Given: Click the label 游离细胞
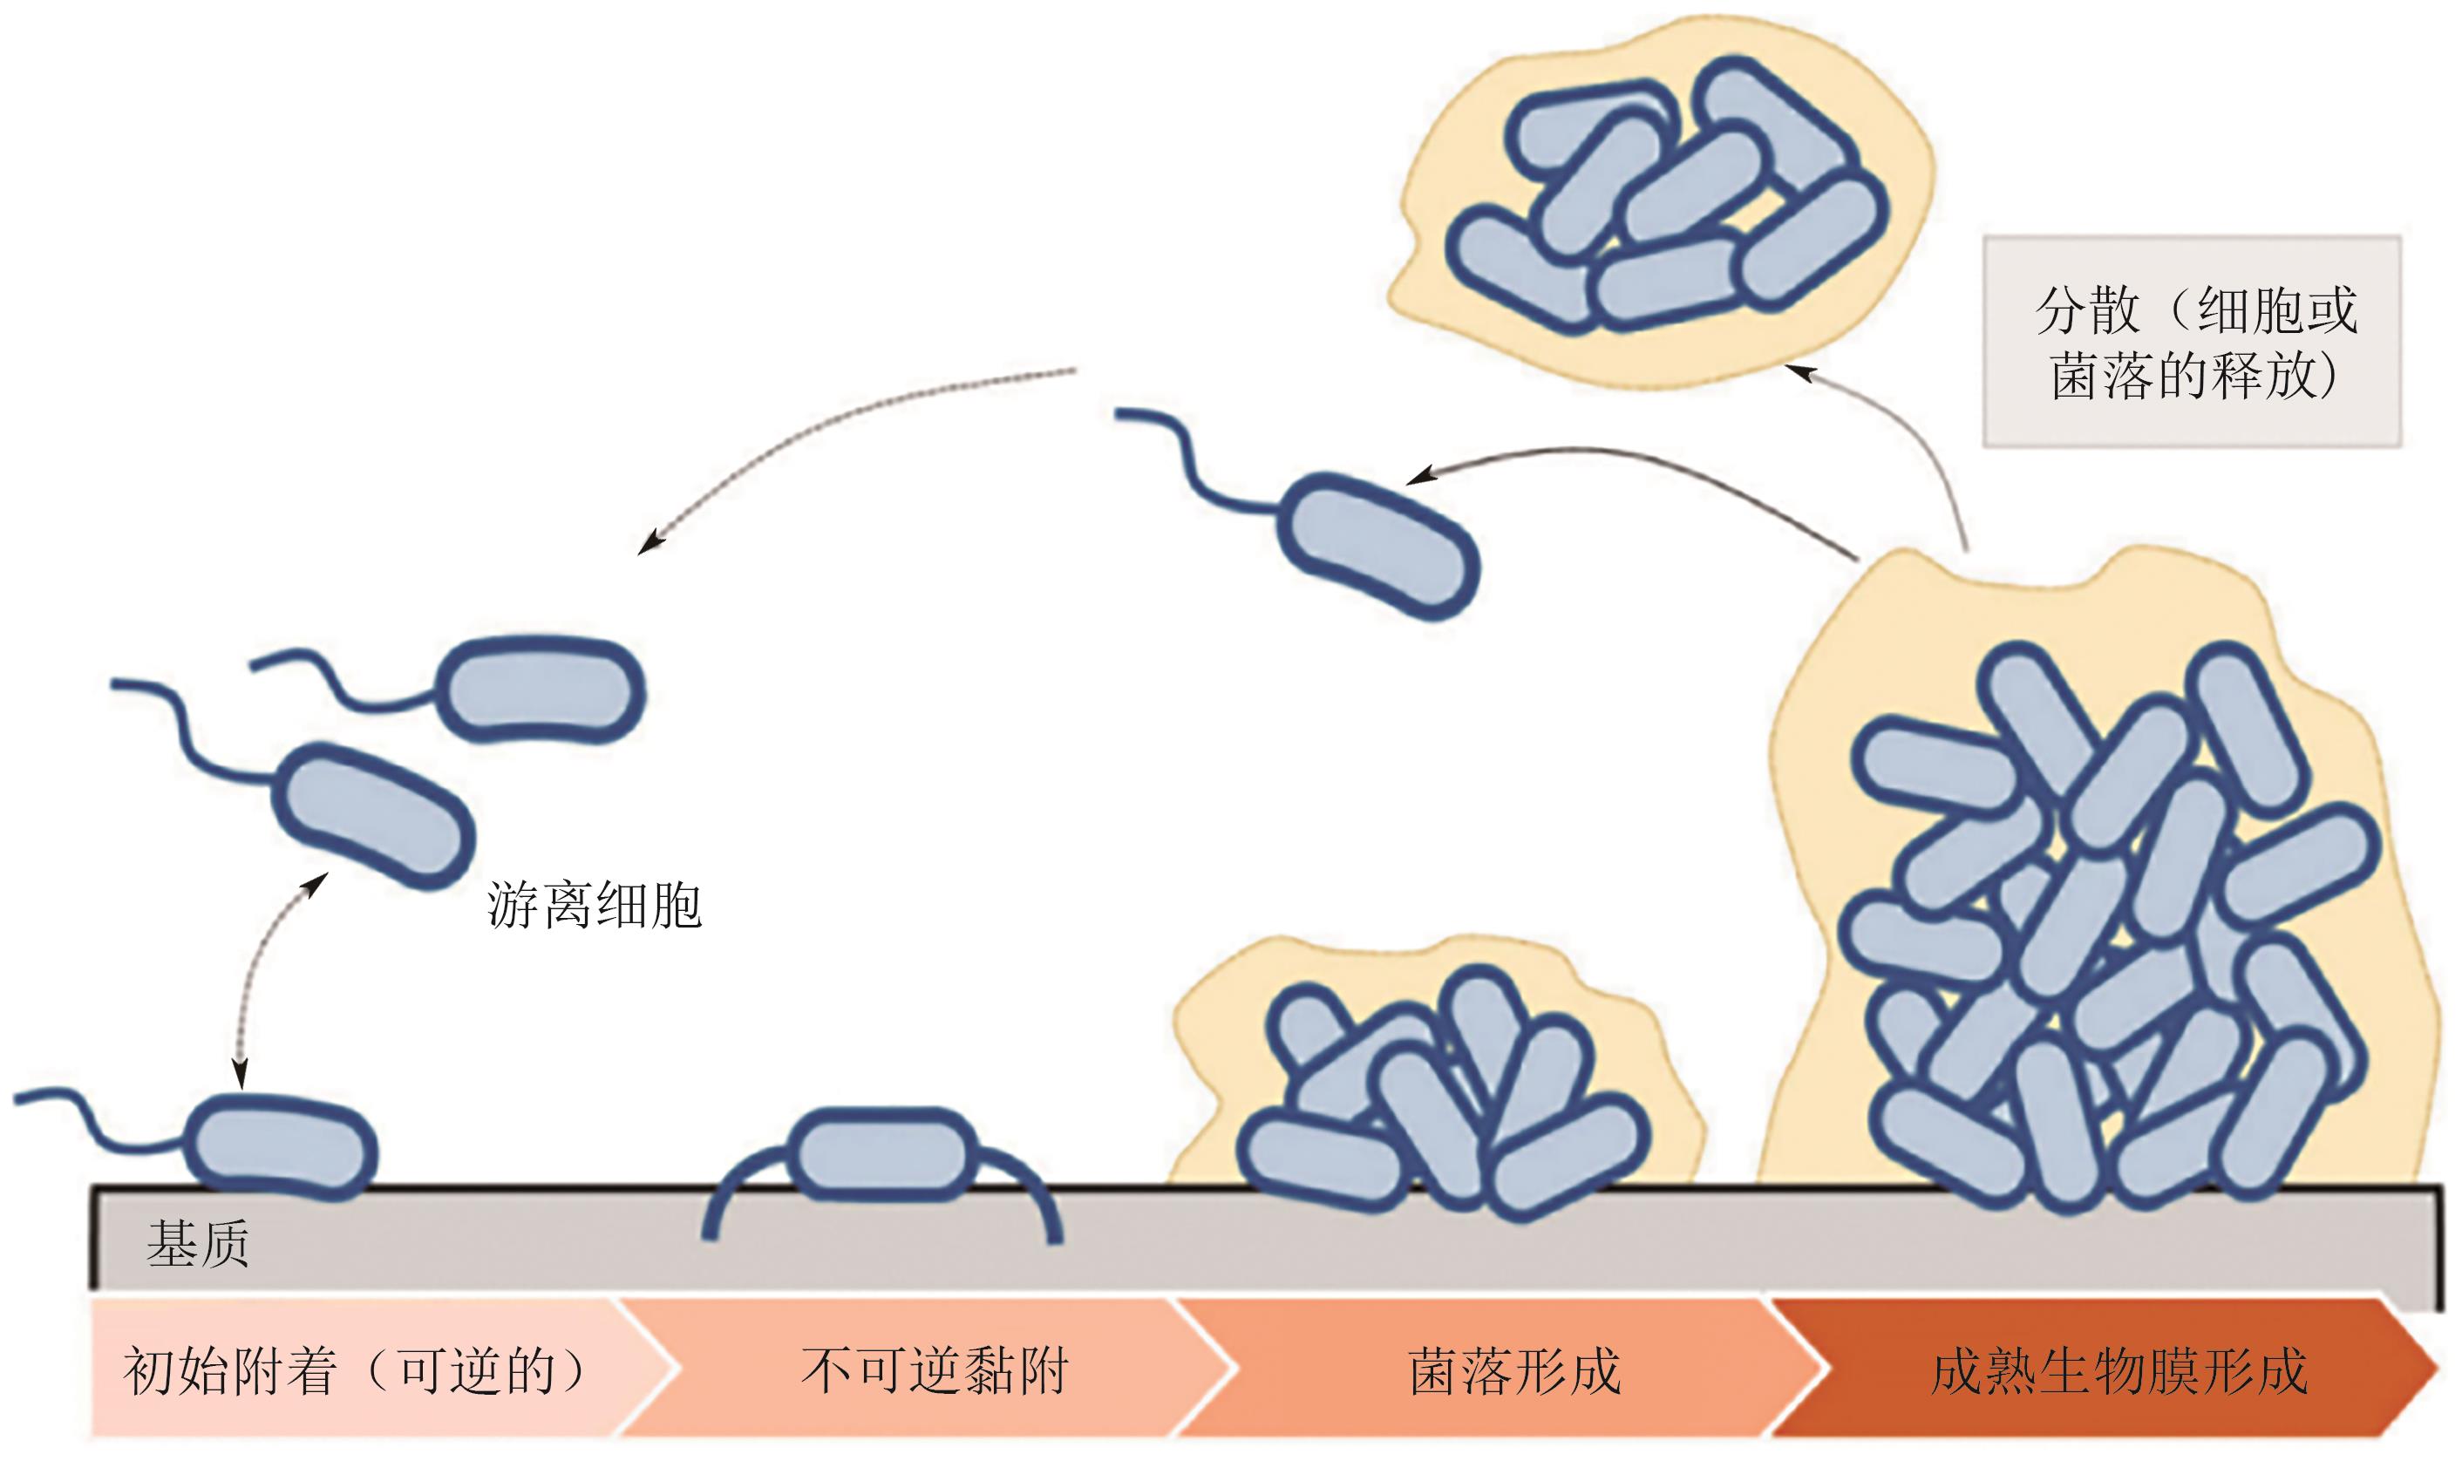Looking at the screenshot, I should [x=594, y=906].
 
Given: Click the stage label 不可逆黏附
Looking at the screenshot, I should [x=933, y=1370].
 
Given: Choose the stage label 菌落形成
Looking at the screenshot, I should [x=1514, y=1370].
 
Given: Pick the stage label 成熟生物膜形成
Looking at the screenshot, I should [x=2119, y=1370].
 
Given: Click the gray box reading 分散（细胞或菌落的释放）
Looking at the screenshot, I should [x=2191, y=342].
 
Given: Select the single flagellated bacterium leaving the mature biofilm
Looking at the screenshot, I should [x=1377, y=546].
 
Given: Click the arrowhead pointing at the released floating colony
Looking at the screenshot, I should [x=1798, y=372].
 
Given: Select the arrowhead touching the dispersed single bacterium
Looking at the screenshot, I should [x=1418, y=478].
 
